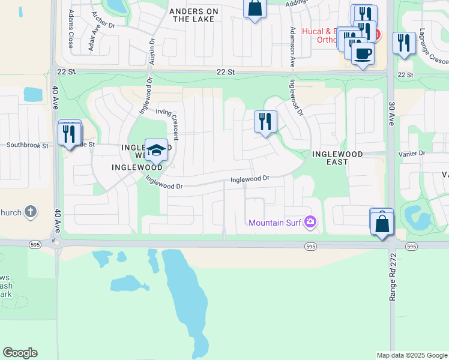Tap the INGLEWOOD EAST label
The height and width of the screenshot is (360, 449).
tap(338, 158)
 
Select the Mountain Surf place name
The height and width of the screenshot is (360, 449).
tap(274, 223)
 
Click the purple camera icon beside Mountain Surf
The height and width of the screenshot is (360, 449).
tap(310, 223)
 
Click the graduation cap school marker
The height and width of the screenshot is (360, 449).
tap(156, 149)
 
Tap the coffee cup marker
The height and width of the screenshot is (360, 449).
tap(362, 54)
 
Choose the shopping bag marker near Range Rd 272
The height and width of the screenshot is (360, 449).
tap(382, 224)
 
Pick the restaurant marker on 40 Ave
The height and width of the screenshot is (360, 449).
tap(70, 133)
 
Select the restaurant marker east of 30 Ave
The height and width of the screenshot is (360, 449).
tap(404, 43)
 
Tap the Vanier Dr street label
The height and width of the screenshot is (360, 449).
tap(412, 154)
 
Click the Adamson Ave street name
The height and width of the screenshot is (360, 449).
tap(293, 46)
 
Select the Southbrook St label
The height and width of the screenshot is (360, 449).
tap(26, 145)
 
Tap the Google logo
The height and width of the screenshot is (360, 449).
tap(20, 353)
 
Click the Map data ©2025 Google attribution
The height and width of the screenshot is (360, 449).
tap(411, 355)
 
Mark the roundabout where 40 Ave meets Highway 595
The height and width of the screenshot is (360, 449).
tap(57, 243)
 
